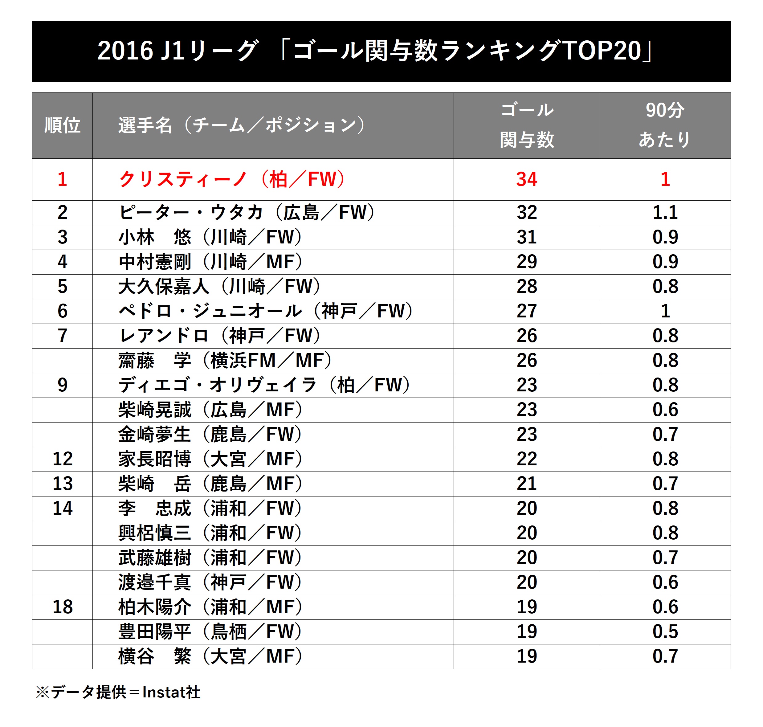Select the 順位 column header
[x=62, y=125]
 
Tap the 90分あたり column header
[x=665, y=125]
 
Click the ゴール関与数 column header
[x=526, y=125]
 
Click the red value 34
[x=526, y=179]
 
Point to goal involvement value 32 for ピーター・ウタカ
[x=526, y=212]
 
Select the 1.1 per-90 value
[x=665, y=212]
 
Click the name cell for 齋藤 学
[x=225, y=360]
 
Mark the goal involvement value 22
[x=526, y=459]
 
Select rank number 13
[x=62, y=484]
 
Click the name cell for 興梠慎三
[x=210, y=533]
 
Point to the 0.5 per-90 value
[x=665, y=632]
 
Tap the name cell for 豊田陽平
[x=210, y=632]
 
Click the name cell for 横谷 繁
[x=210, y=656]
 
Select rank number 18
[x=62, y=607]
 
